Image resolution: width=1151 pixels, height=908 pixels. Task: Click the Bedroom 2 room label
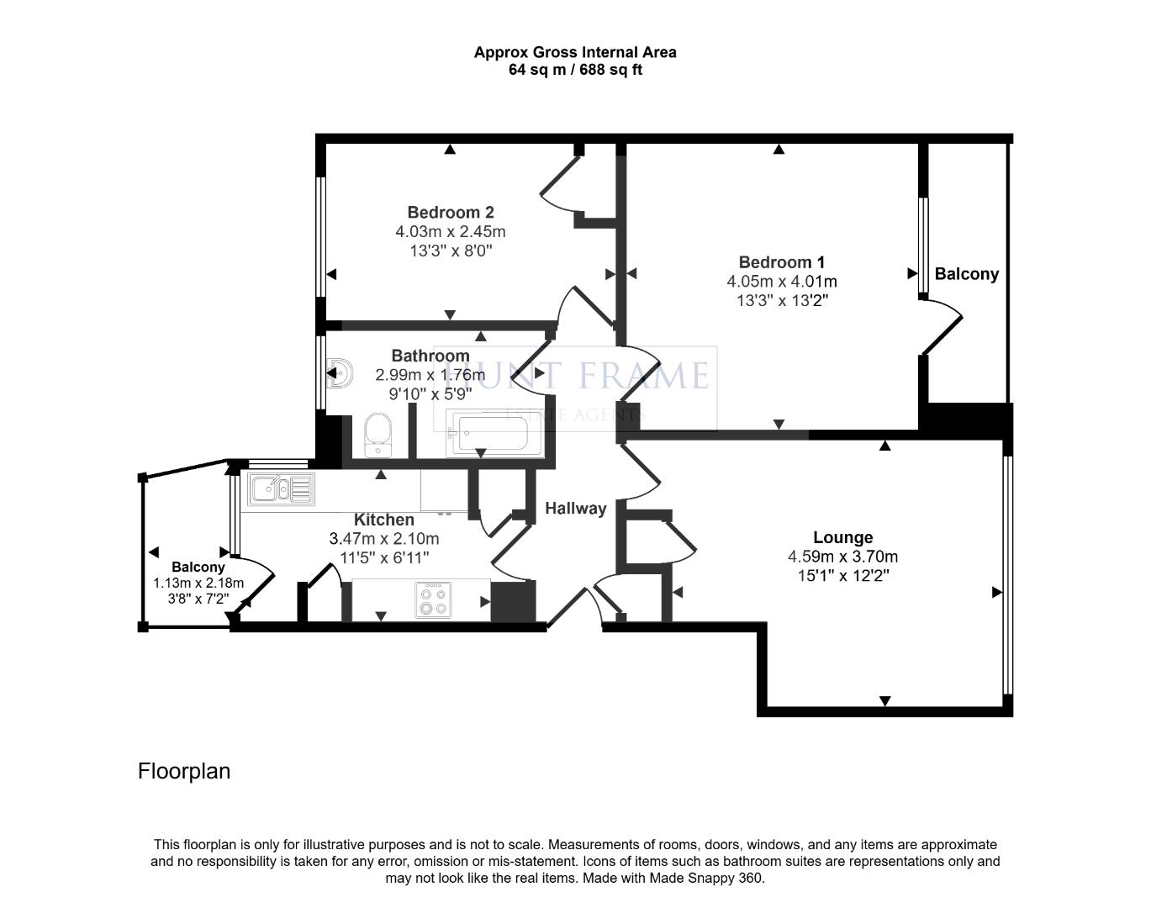[x=451, y=213]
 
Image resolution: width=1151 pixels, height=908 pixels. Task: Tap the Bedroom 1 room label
[x=781, y=262]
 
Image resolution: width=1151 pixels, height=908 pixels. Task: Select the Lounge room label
[x=843, y=537]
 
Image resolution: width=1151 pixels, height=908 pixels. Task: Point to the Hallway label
[x=575, y=509]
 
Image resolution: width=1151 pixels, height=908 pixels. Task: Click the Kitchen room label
[x=384, y=520]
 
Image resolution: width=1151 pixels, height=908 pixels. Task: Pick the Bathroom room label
[x=430, y=356]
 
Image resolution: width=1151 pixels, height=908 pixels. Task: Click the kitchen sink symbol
[x=281, y=489]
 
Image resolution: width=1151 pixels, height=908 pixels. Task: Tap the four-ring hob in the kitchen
[x=433, y=600]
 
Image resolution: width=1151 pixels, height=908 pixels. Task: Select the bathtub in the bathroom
[x=494, y=433]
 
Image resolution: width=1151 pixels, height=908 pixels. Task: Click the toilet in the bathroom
[x=378, y=435]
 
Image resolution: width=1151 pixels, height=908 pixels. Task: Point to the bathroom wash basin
[x=341, y=372]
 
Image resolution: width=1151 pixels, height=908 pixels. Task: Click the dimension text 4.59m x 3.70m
[x=842, y=557]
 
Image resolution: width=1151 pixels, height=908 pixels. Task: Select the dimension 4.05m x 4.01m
[x=781, y=282]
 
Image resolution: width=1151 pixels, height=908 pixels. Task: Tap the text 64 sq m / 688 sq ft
[x=575, y=70]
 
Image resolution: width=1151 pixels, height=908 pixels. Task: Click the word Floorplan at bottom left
[x=184, y=771]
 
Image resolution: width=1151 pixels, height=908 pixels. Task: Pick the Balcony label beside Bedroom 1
[x=967, y=274]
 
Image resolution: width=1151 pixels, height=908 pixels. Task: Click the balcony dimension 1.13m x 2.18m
[x=198, y=583]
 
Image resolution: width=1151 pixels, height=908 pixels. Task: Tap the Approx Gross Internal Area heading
[x=575, y=52]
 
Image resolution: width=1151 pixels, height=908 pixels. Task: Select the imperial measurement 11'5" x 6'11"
[x=384, y=558]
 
